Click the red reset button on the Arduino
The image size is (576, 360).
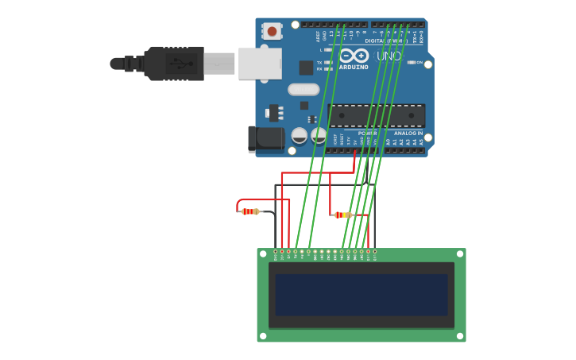click(x=273, y=31)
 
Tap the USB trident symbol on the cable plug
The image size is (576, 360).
click(x=183, y=64)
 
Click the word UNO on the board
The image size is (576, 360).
click(x=389, y=56)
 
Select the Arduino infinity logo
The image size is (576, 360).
click(x=354, y=56)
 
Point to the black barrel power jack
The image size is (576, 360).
click(x=266, y=138)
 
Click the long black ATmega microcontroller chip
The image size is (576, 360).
click(x=377, y=115)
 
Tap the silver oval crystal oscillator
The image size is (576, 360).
click(x=303, y=90)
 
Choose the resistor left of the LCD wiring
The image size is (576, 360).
click(x=250, y=211)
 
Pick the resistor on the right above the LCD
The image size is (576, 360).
click(x=342, y=215)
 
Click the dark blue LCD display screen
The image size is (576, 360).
click(x=361, y=295)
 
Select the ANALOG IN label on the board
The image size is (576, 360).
click(x=408, y=134)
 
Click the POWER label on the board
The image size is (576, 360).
click(x=366, y=134)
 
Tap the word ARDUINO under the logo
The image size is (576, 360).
click(x=354, y=67)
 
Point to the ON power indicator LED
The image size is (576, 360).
click(x=412, y=62)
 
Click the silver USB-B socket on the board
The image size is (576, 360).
click(x=260, y=64)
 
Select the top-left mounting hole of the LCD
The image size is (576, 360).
click(x=263, y=254)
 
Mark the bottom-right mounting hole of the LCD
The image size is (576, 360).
click(x=460, y=336)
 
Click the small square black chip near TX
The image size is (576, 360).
click(x=306, y=68)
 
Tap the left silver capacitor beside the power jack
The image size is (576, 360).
click(x=300, y=136)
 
